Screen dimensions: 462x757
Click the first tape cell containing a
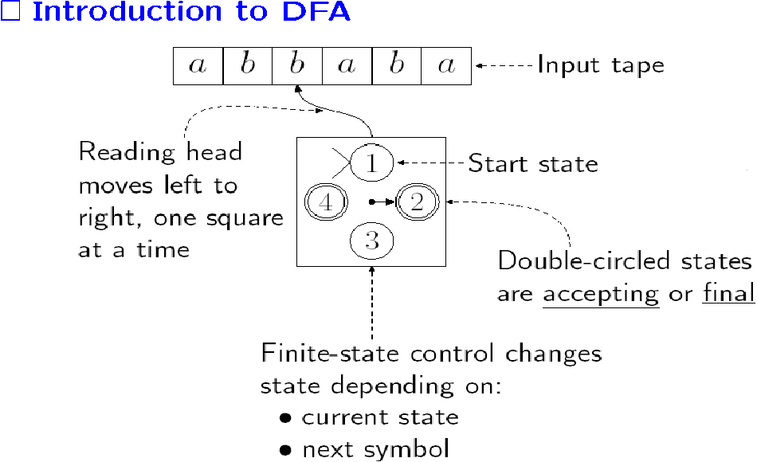[198, 66]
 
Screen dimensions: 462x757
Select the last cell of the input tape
[446, 66]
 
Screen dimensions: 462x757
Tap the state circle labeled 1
[372, 164]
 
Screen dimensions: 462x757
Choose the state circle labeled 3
[372, 241]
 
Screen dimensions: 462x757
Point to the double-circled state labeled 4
[326, 202]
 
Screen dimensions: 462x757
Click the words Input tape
[600, 65]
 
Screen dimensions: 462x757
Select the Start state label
[532, 164]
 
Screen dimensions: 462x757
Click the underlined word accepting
[601, 294]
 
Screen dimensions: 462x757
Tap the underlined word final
[728, 293]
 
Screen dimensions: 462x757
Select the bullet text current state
[380, 417]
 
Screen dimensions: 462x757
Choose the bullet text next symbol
[375, 449]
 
